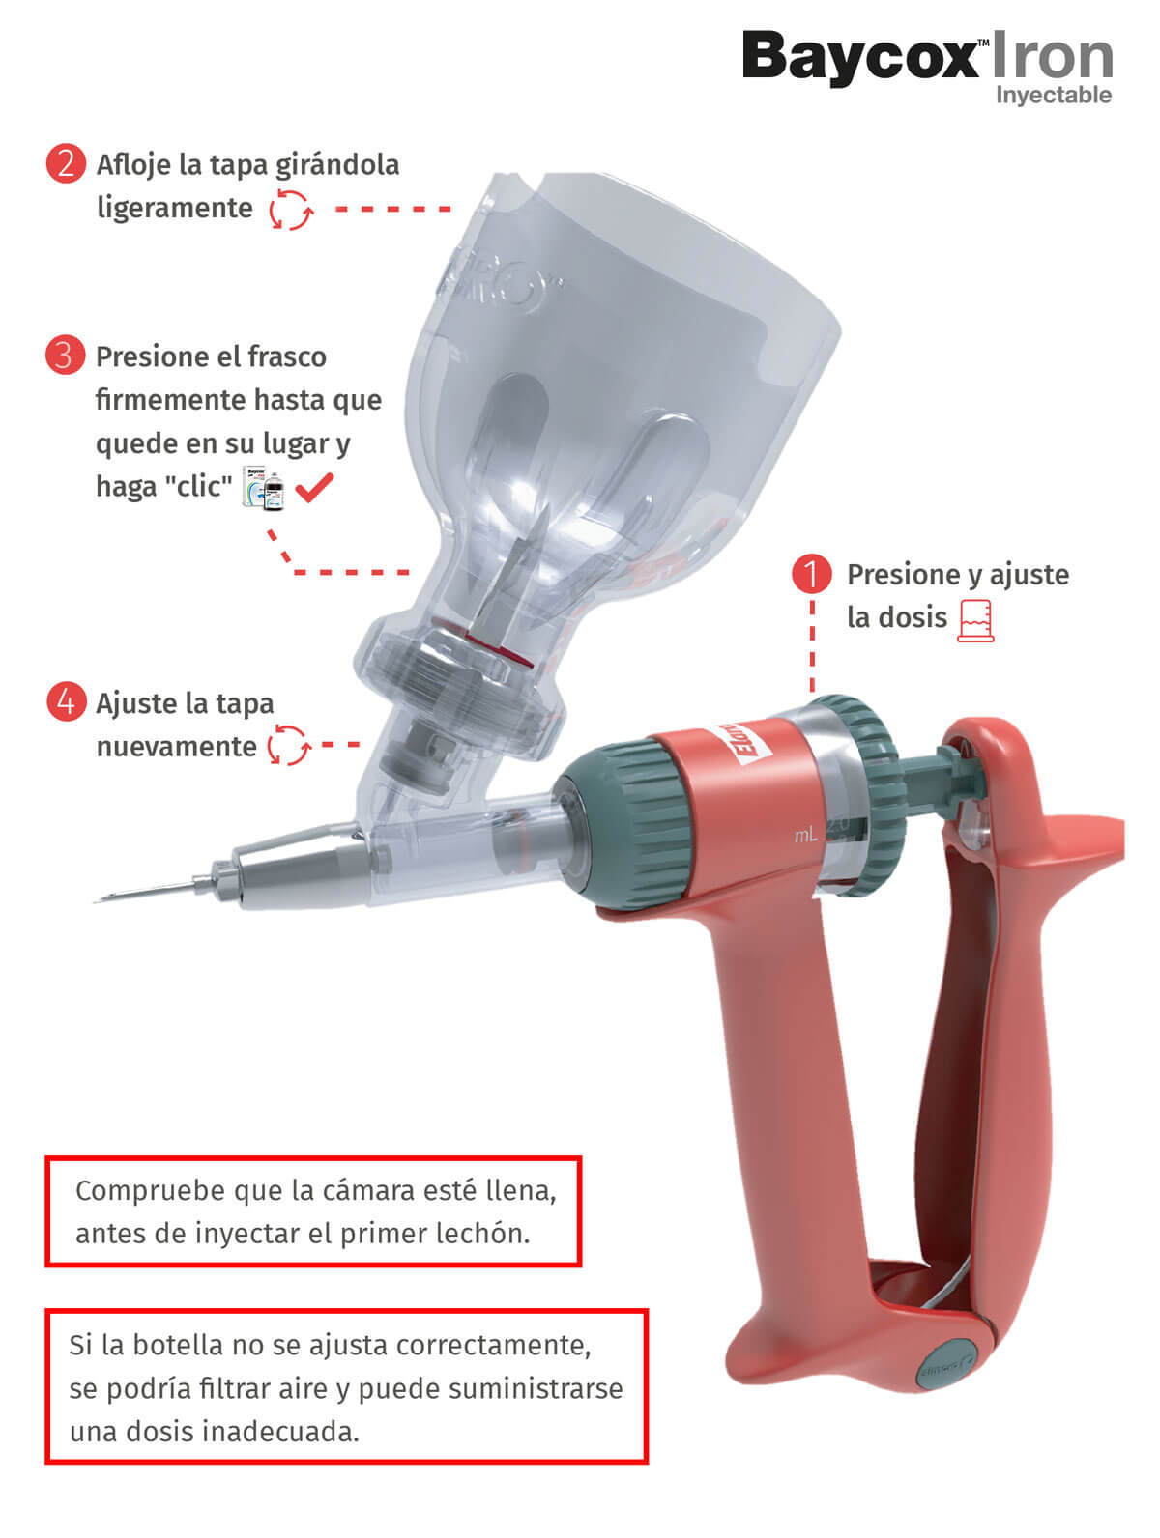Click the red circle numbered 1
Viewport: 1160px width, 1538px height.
pyautogui.click(x=811, y=574)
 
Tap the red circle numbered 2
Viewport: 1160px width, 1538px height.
pyautogui.click(x=66, y=163)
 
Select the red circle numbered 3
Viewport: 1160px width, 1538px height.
pyautogui.click(x=65, y=356)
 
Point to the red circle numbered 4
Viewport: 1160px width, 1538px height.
pyautogui.click(x=66, y=701)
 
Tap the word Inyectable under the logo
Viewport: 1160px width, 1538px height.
pyautogui.click(x=1054, y=96)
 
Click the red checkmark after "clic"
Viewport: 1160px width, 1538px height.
pyautogui.click(x=314, y=486)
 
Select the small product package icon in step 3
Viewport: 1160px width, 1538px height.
pyautogui.click(x=264, y=486)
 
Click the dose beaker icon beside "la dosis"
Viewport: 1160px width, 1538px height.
pyautogui.click(x=975, y=620)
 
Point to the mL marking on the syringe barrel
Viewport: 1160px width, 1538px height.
pyautogui.click(x=805, y=835)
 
